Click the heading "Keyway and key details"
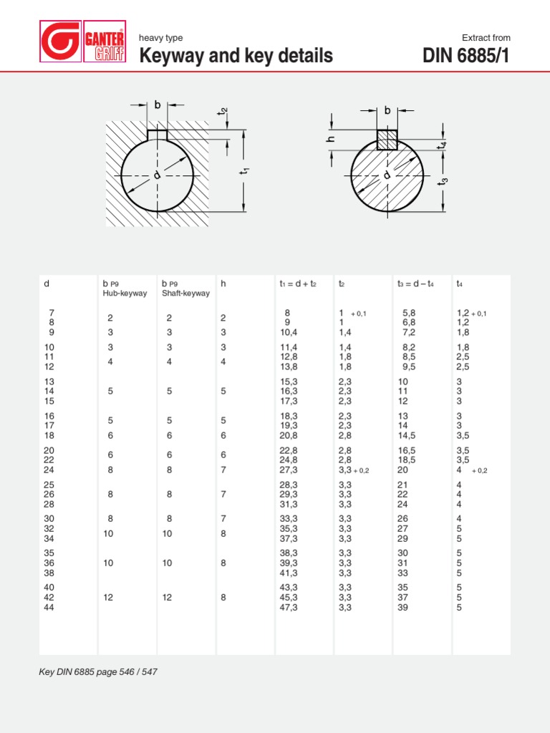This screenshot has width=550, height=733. (236, 56)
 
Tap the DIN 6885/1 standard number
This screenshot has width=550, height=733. (466, 56)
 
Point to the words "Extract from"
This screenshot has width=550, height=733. (486, 38)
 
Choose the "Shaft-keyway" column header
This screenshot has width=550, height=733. (185, 293)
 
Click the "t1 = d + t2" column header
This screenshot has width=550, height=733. (300, 284)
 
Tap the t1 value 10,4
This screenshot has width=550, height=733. (289, 333)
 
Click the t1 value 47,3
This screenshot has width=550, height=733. (289, 608)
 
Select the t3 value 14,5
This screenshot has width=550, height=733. (407, 435)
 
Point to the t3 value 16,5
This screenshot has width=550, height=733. (407, 450)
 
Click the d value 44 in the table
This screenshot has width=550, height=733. (49, 608)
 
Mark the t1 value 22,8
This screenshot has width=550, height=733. (289, 450)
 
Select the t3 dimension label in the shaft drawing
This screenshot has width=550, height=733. (445, 180)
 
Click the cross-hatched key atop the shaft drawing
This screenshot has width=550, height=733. (387, 139)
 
